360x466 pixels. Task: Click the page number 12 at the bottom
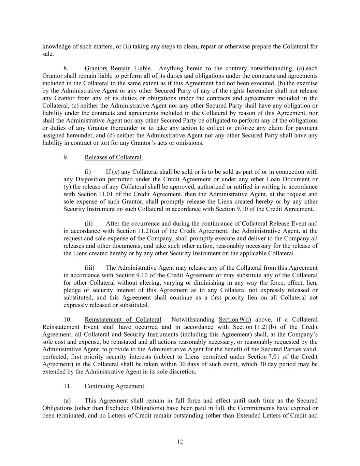tap(180, 442)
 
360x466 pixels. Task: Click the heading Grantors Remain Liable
tap(117, 69)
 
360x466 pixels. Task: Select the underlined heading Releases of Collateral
tap(113, 157)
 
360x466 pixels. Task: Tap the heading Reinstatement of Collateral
tap(123, 320)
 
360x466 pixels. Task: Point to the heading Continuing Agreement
tap(115, 386)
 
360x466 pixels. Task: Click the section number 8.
tap(66, 69)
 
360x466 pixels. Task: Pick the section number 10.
tap(67, 320)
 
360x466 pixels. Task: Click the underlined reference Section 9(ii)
tap(235, 320)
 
